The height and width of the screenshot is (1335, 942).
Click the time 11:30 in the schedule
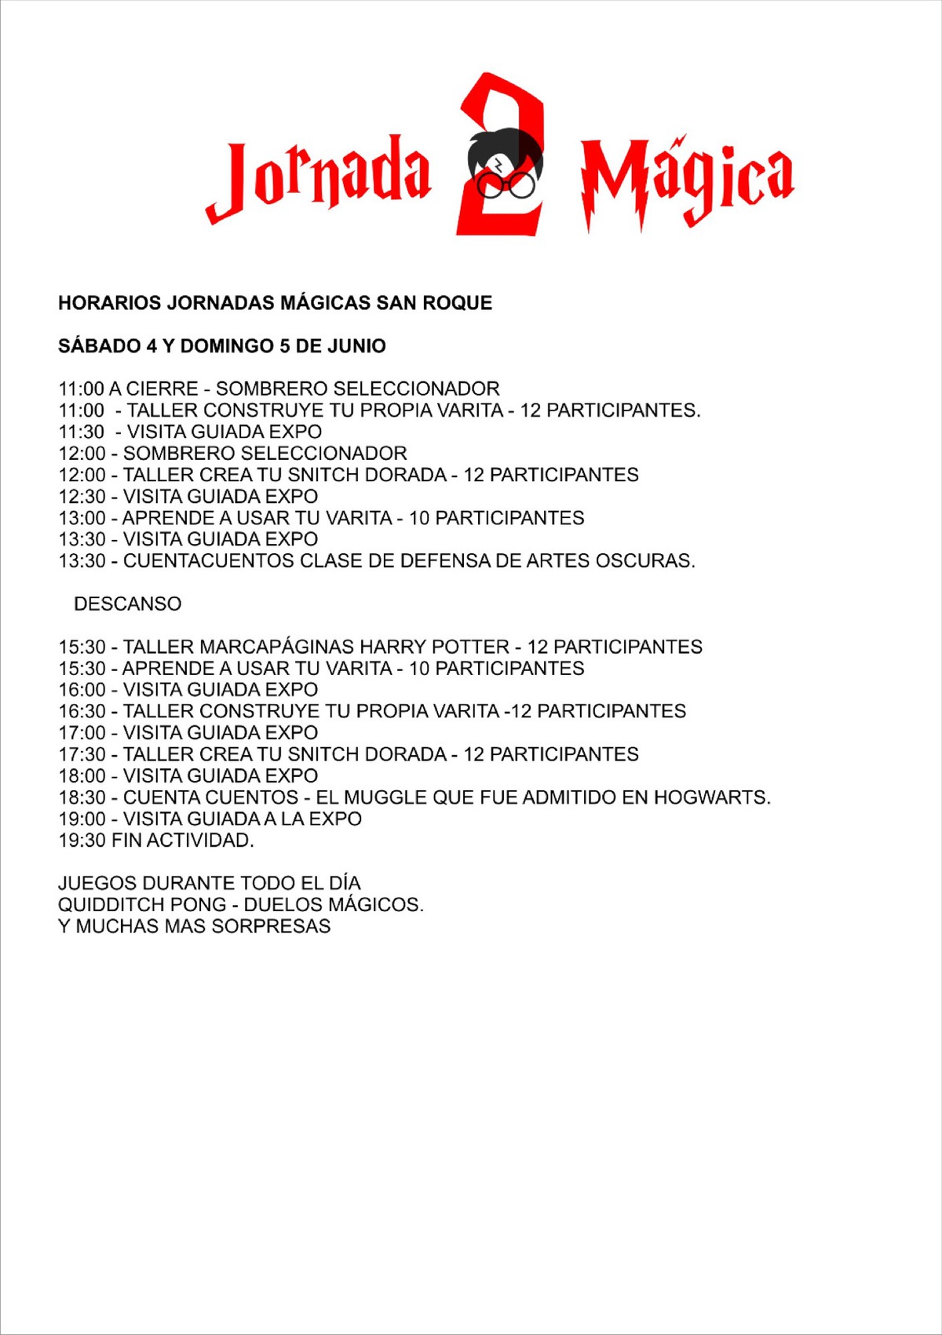(82, 432)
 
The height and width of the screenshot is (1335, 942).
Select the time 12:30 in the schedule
(82, 497)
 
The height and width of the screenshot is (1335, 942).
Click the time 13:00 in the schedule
(82, 518)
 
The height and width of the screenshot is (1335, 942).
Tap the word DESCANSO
(127, 604)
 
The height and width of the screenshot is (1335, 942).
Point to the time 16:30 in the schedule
(82, 712)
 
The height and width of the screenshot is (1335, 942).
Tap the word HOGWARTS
(711, 797)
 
